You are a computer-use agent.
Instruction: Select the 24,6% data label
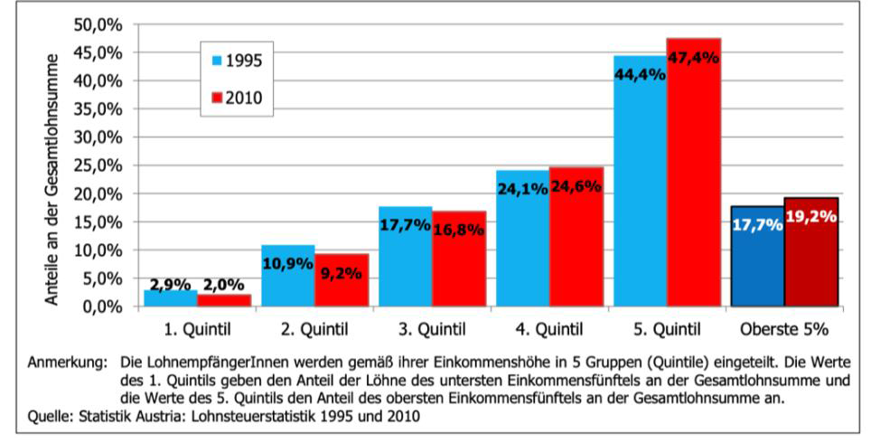[x=576, y=187]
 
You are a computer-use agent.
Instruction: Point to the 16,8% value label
[x=458, y=230]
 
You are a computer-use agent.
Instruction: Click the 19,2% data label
[x=812, y=217]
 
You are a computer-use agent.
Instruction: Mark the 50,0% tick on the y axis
[x=102, y=24]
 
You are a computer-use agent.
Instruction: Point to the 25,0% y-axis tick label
[x=102, y=165]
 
